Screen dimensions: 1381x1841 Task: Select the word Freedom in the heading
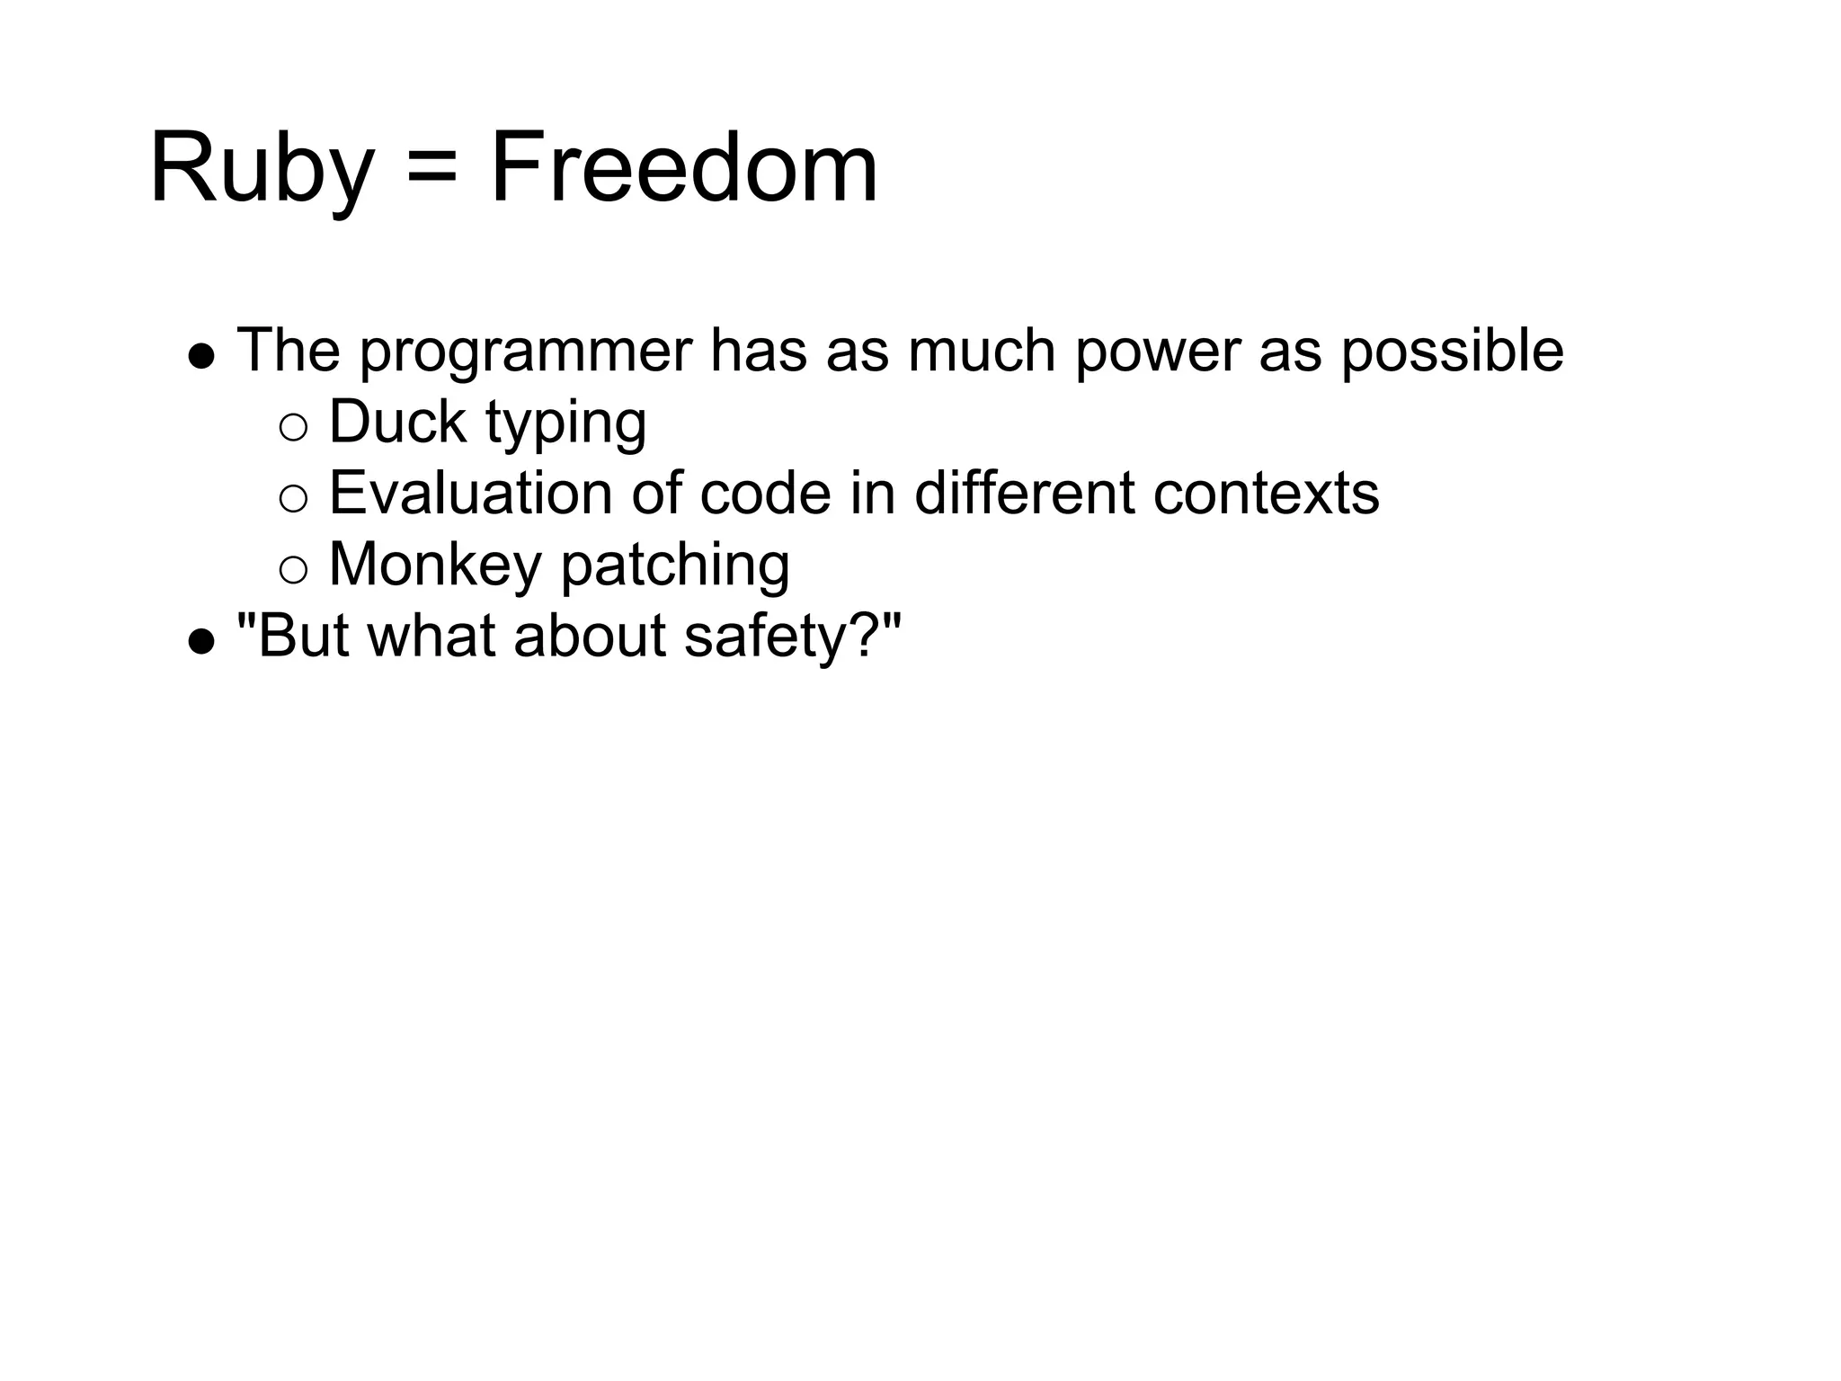coord(683,169)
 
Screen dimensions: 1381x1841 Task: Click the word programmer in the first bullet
coord(526,352)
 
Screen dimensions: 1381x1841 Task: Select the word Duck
coord(397,422)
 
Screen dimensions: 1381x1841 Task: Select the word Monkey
coord(435,566)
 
